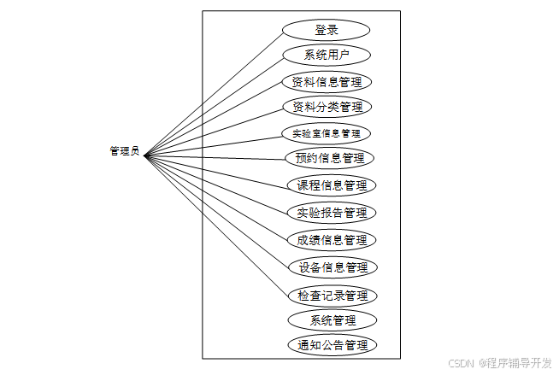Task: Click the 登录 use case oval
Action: coord(327,30)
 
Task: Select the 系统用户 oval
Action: coord(327,56)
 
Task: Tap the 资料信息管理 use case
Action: coord(327,82)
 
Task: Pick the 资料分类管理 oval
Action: coord(327,107)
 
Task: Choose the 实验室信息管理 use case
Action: coord(327,133)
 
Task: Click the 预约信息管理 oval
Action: coord(329,158)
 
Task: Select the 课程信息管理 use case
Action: coord(331,185)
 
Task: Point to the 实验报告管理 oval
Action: coord(332,212)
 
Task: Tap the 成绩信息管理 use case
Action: coord(332,239)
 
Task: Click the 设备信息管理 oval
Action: coord(332,267)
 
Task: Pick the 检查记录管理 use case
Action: coord(332,296)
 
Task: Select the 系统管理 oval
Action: coord(332,320)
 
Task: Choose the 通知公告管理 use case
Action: coord(332,345)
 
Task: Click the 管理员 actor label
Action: coord(124,152)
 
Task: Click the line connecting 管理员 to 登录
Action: coord(214,92)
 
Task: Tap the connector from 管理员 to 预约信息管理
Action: coord(214,156)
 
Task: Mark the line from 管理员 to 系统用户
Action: coord(214,105)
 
